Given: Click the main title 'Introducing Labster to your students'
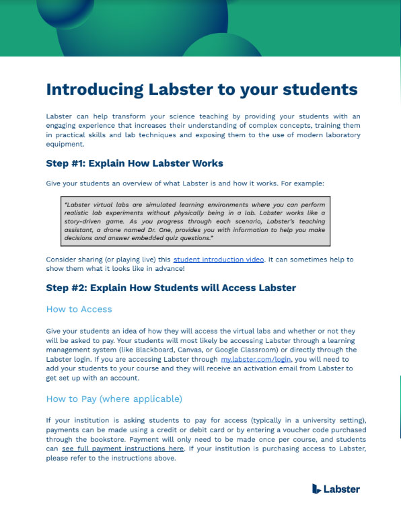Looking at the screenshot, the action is (202, 89).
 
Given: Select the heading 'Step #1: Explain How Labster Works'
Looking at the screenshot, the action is (135, 163).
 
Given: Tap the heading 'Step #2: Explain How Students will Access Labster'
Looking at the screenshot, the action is (171, 288).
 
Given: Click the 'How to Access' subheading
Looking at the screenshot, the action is (79, 309).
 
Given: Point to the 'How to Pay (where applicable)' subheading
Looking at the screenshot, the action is (114, 399).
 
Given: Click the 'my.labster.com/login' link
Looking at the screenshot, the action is (256, 360).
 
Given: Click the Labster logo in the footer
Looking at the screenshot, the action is (336, 489).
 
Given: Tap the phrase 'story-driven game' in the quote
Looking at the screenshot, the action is (92, 221).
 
